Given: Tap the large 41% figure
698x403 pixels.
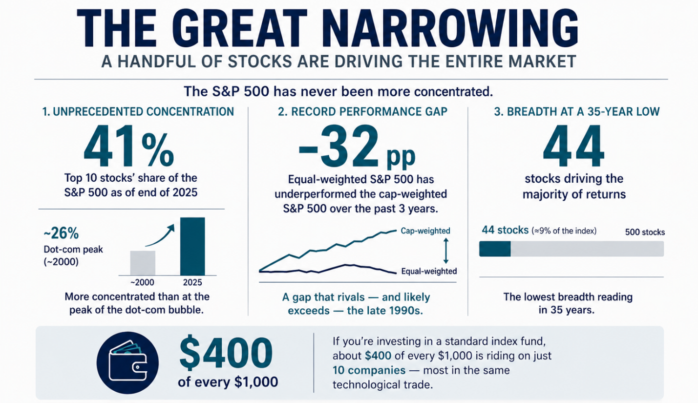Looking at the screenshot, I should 128,146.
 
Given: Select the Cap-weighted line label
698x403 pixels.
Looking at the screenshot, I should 425,231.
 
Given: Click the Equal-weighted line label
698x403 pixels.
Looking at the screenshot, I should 428,272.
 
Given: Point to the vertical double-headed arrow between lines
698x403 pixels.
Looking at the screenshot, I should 445,251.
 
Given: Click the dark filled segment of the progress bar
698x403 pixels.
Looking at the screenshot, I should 495,249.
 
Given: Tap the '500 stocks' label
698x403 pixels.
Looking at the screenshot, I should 644,233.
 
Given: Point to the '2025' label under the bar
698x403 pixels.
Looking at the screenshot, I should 192,282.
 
